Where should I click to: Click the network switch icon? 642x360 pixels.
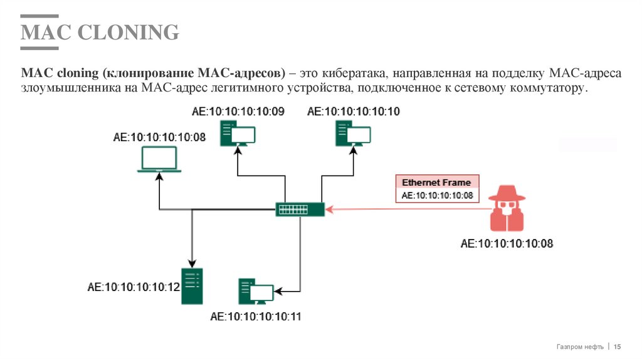point(300,209)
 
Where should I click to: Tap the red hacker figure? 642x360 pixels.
point(507,209)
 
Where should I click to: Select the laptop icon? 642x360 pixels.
point(159,161)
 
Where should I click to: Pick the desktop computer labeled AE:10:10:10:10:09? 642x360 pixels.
point(238,134)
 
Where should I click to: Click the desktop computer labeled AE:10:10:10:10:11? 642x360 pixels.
point(256,292)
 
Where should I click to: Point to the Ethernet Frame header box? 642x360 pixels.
point(436,183)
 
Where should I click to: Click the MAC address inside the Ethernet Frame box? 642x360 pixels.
point(436,196)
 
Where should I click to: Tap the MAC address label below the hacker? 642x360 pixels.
point(507,243)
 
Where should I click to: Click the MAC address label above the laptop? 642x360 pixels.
point(159,137)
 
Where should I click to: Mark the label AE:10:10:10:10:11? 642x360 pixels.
point(256,317)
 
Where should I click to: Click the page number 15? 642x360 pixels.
point(617,347)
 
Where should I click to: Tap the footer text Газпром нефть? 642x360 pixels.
point(580,347)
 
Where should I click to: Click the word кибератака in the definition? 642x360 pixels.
point(354,74)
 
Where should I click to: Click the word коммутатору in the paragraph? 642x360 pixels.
point(552,88)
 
